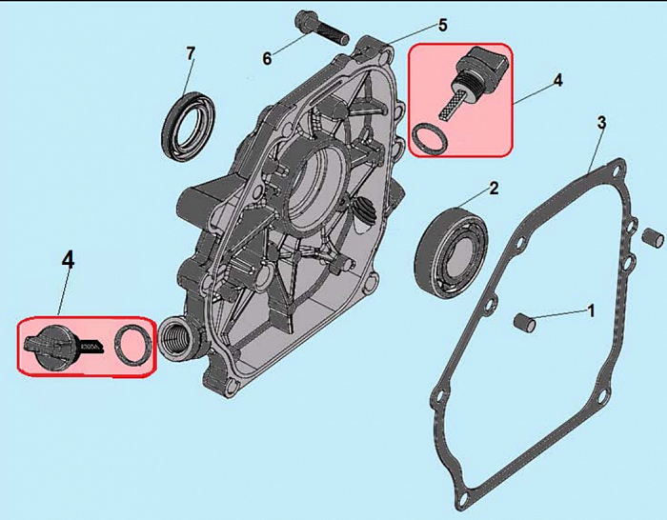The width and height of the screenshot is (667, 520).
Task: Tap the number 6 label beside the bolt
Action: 268,58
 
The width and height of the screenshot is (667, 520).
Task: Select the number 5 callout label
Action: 442,25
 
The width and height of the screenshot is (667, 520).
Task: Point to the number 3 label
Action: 601,123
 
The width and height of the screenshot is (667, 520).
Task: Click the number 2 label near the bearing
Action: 494,188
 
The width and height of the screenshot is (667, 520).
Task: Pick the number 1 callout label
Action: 591,310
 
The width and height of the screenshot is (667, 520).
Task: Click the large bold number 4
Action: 68,259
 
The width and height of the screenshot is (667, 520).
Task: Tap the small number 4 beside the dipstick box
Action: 557,81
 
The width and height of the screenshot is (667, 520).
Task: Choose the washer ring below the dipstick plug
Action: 430,139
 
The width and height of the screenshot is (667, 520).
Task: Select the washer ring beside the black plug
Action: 131,344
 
